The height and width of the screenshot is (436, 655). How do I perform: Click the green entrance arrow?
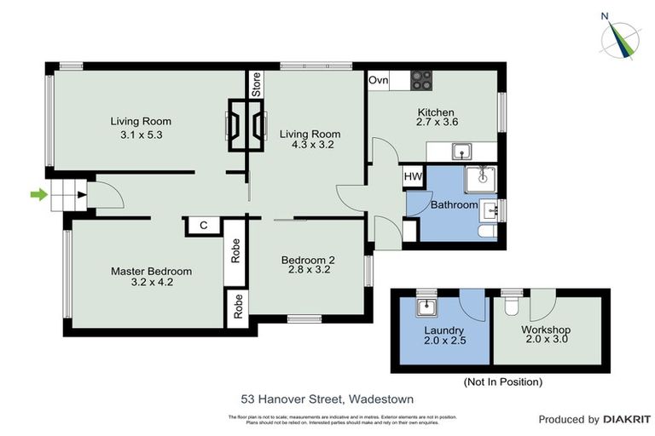[x=38, y=195]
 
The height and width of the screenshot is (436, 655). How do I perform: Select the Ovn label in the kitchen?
[x=379, y=80]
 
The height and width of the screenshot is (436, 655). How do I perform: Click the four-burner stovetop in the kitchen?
[x=422, y=80]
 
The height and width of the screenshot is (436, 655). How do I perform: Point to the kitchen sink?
[x=461, y=152]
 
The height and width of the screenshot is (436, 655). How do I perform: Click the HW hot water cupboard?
[x=411, y=178]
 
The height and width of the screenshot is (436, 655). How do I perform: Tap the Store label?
[x=256, y=83]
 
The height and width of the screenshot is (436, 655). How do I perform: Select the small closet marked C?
[x=204, y=226]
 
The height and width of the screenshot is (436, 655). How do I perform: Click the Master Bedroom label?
[x=151, y=271]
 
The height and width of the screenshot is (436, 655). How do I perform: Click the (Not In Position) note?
[x=502, y=382]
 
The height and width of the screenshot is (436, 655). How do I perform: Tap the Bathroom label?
[x=453, y=205]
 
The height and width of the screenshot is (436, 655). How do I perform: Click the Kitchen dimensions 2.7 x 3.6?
[x=436, y=123]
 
